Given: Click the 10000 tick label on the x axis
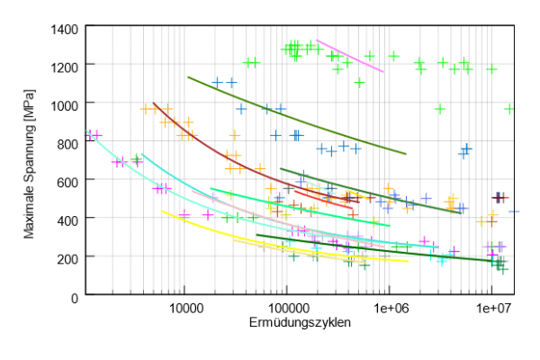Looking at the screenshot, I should tap(184, 308).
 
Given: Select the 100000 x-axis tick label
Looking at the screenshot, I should tap(286, 308).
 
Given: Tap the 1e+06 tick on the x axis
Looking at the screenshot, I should tap(389, 308).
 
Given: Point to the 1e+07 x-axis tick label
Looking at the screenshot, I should tap(491, 308).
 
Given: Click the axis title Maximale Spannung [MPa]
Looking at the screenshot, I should tap(30, 162).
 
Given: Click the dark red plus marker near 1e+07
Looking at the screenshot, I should tap(500, 197).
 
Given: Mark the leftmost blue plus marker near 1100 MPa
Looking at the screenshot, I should tap(217, 83).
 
